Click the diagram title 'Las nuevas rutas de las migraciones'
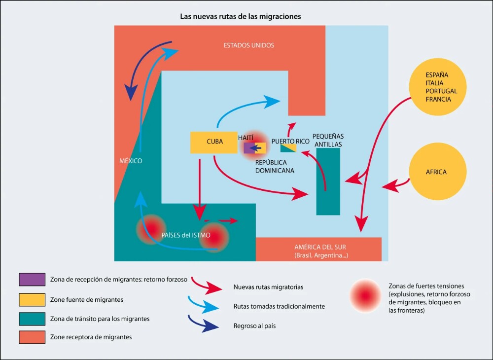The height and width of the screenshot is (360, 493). (241, 16)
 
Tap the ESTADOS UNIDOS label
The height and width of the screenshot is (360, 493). (249, 45)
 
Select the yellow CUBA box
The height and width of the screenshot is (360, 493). (213, 142)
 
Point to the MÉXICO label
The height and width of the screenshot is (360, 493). (131, 161)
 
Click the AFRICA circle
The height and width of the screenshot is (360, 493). (436, 172)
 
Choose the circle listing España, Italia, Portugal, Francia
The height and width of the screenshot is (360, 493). (437, 87)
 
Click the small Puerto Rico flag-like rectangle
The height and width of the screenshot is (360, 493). (288, 148)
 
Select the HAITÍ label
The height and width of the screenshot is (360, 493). (246, 138)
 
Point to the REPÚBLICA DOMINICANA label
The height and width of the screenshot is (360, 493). (275, 166)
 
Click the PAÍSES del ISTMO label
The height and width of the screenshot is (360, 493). (186, 235)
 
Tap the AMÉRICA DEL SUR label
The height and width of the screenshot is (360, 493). (321, 248)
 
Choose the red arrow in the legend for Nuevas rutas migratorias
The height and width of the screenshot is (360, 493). (206, 286)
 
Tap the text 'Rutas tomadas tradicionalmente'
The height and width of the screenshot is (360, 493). (279, 306)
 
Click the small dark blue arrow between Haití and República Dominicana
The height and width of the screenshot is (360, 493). (255, 148)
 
